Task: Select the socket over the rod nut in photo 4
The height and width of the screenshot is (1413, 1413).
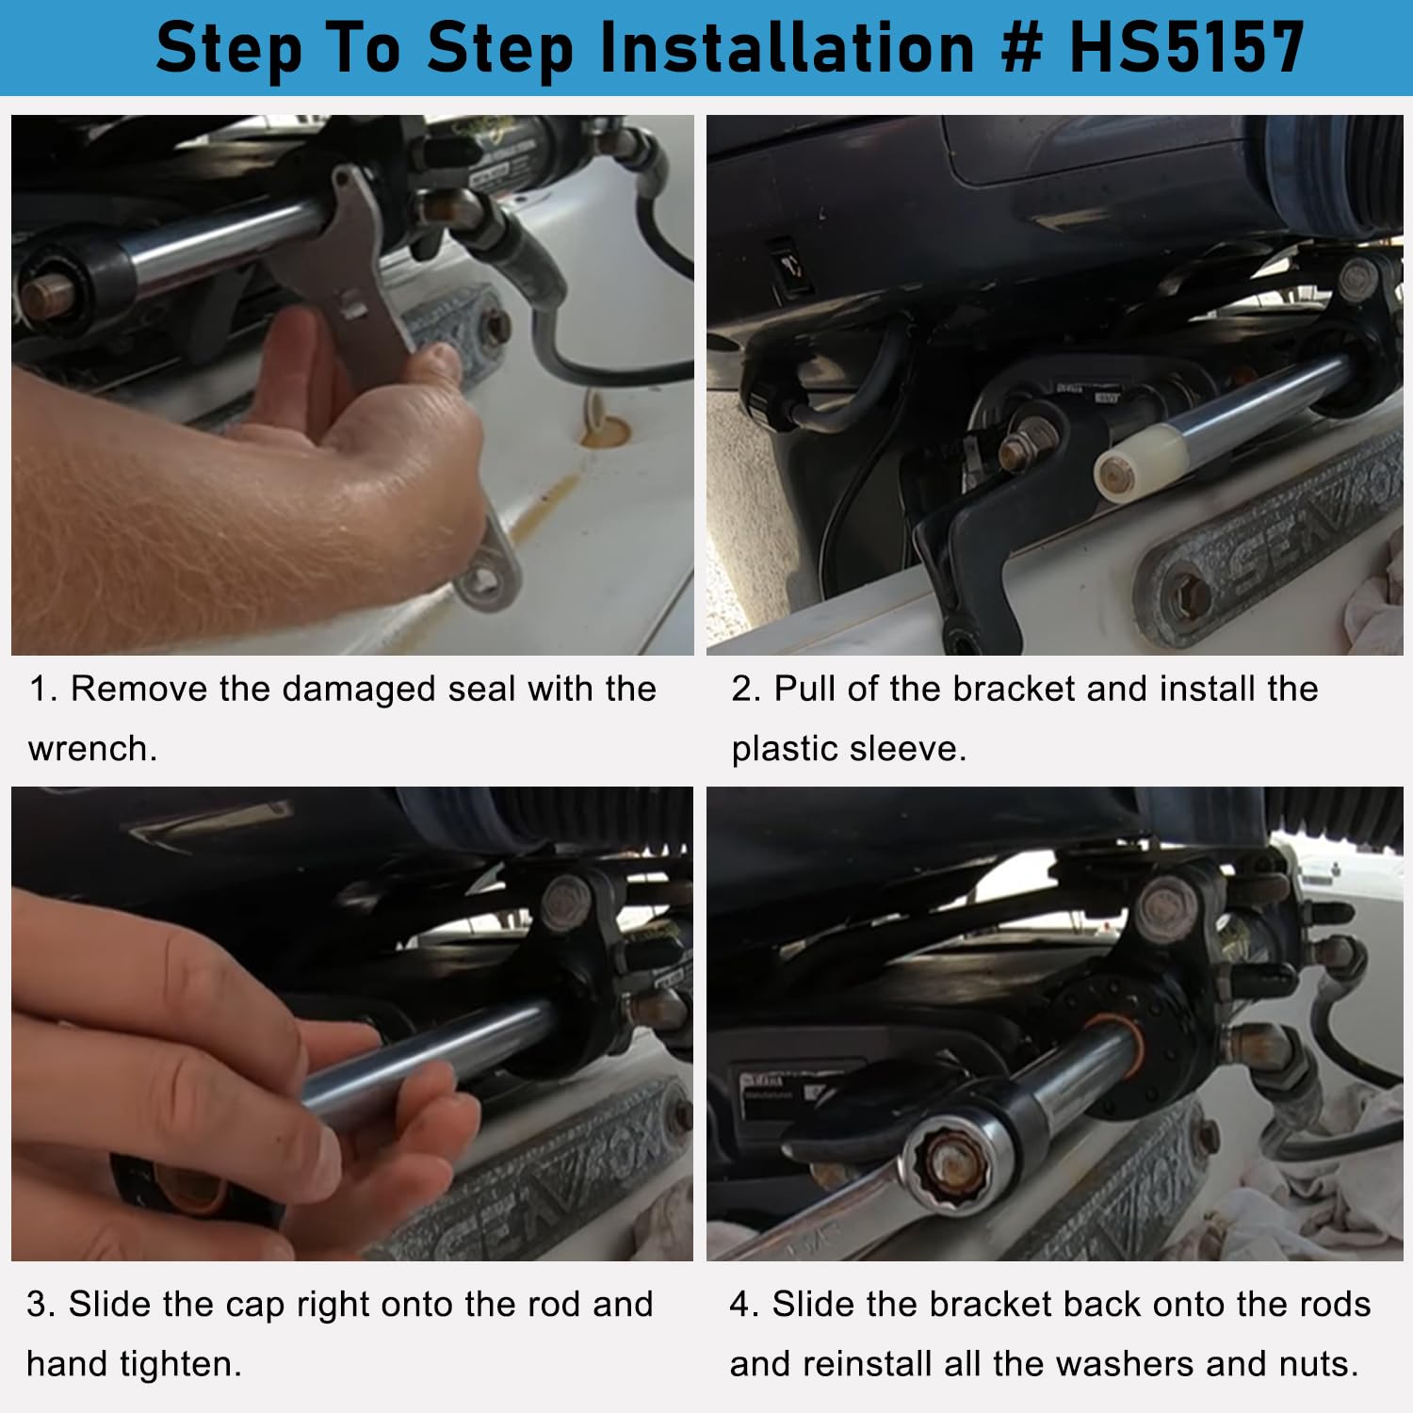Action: tap(951, 1161)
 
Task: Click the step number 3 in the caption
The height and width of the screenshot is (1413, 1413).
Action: tap(38, 1306)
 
